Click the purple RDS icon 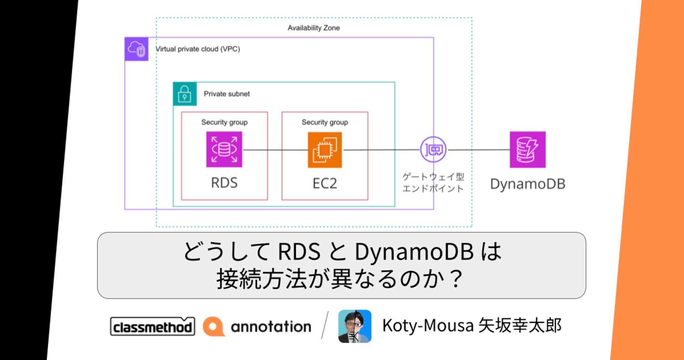tap(224, 150)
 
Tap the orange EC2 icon tap(325, 150)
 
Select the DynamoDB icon tap(527, 150)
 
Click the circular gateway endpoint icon tap(433, 150)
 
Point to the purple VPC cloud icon tap(136, 49)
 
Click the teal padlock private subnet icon tap(185, 94)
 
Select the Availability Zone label tap(313, 28)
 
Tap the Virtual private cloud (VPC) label tap(198, 49)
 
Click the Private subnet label tap(227, 94)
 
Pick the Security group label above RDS tap(224, 122)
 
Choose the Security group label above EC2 tap(325, 122)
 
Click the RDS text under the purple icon tap(224, 183)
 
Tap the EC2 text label tap(325, 183)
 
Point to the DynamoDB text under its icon tap(528, 184)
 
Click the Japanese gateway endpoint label tap(433, 182)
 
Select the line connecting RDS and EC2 tap(275, 150)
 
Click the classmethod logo tap(152, 327)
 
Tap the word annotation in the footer tap(271, 327)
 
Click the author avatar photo tap(354, 326)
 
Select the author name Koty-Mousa tap(428, 325)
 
